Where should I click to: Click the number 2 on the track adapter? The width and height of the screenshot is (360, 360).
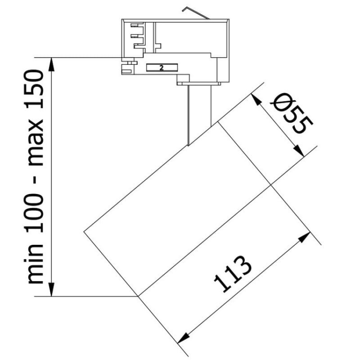click(x=162, y=68)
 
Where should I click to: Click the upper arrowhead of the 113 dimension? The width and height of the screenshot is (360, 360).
click(x=306, y=238)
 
